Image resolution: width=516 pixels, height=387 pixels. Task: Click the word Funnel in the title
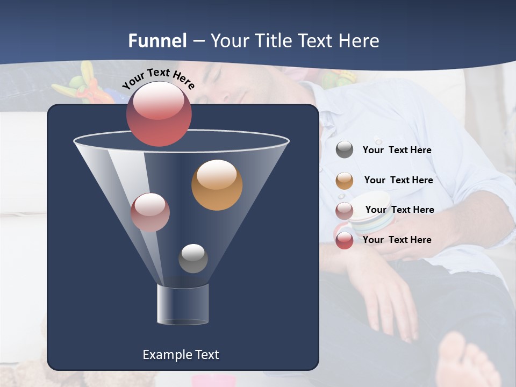tap(157, 41)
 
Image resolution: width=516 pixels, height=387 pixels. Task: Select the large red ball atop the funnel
tap(159, 113)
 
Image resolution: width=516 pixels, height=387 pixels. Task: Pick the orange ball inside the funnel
tap(217, 185)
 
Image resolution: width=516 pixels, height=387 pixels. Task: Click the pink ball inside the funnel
tap(150, 212)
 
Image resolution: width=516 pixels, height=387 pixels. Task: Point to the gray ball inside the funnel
tap(193, 258)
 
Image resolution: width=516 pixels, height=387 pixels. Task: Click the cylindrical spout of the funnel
tap(183, 304)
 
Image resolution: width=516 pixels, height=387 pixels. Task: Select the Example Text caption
tap(181, 355)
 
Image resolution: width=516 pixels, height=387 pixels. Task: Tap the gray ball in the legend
tap(345, 150)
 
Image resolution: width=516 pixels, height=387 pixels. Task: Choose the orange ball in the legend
tap(345, 181)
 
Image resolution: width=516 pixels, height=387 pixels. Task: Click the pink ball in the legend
tap(345, 211)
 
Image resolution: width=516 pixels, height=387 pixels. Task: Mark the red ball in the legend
tap(345, 241)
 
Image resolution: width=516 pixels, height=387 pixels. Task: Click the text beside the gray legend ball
tap(397, 150)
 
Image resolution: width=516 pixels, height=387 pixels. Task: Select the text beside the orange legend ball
tap(398, 180)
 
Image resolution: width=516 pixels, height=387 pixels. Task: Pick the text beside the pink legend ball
tap(399, 210)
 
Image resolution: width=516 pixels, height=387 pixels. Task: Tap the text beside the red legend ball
tap(397, 240)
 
